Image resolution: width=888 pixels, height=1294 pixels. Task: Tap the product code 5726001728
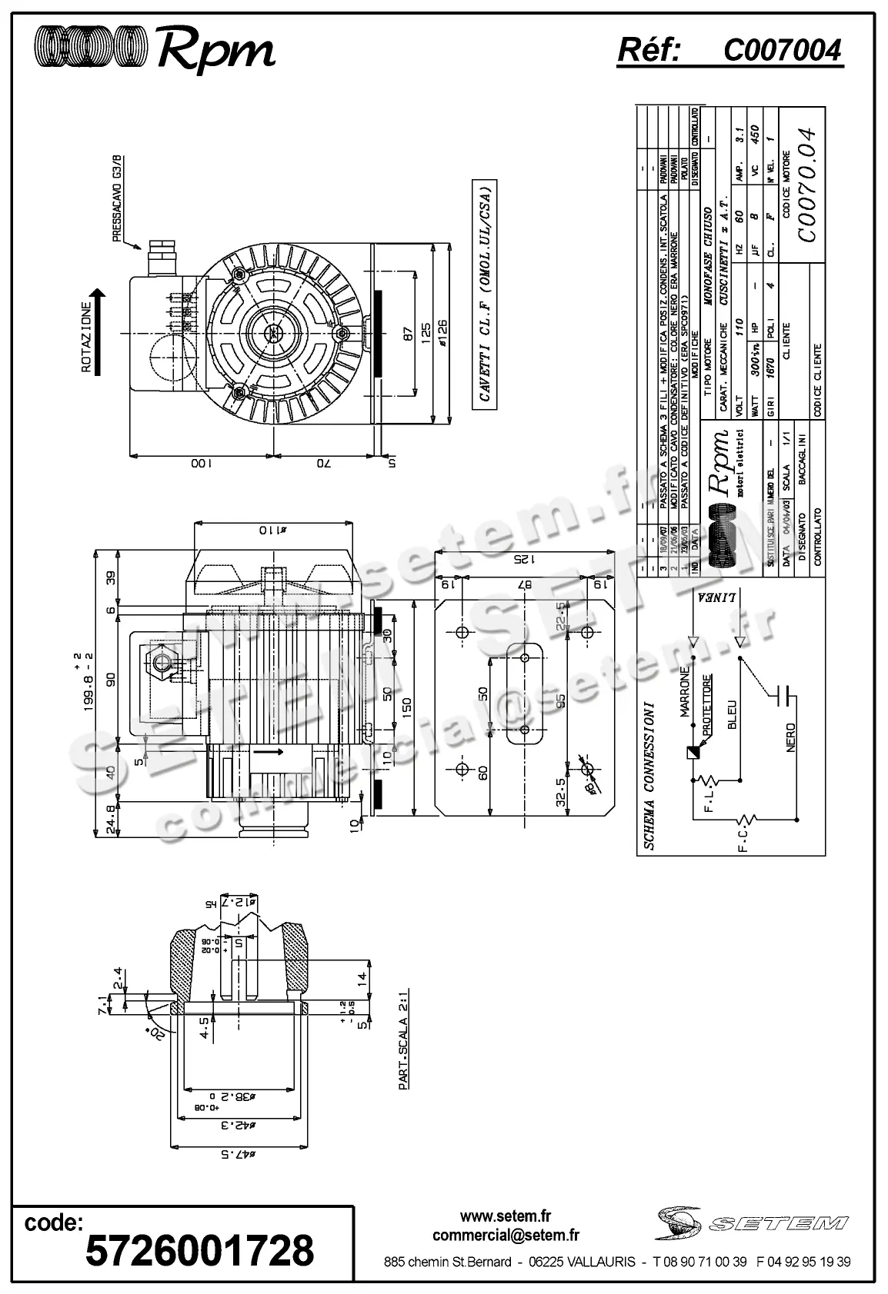coord(199,1250)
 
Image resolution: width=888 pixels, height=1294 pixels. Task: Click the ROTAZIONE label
coord(87,337)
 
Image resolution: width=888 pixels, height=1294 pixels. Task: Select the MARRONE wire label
coord(684,696)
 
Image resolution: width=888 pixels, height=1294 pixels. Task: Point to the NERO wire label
coord(791,737)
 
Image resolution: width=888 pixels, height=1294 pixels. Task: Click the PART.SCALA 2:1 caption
coord(403,1040)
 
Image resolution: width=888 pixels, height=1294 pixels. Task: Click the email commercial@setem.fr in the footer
coord(506,1235)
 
